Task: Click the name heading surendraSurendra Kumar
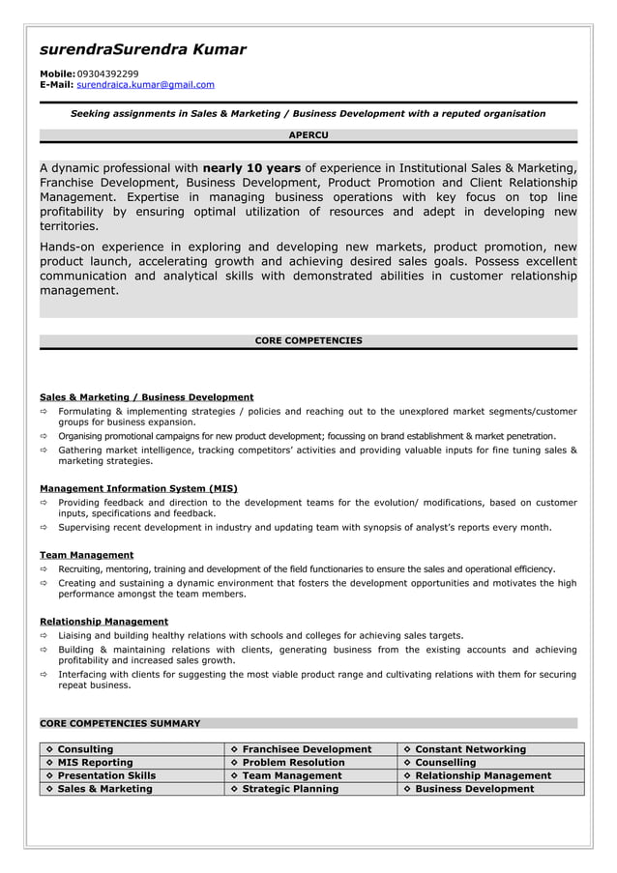142,49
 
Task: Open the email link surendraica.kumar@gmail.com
145,85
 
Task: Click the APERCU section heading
308,135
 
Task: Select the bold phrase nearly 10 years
251,168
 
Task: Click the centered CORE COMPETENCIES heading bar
308,341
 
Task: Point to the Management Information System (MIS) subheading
138,488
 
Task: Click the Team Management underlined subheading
86,555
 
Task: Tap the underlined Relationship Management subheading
103,622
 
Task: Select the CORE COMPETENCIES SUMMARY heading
120,723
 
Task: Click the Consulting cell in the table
85,749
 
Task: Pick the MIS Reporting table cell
95,763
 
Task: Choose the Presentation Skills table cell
106,775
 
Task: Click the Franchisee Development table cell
307,749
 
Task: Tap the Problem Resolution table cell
293,763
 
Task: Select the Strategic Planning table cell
290,789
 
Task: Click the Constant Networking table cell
470,749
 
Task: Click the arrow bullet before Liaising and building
44,636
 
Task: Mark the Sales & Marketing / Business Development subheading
146,397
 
